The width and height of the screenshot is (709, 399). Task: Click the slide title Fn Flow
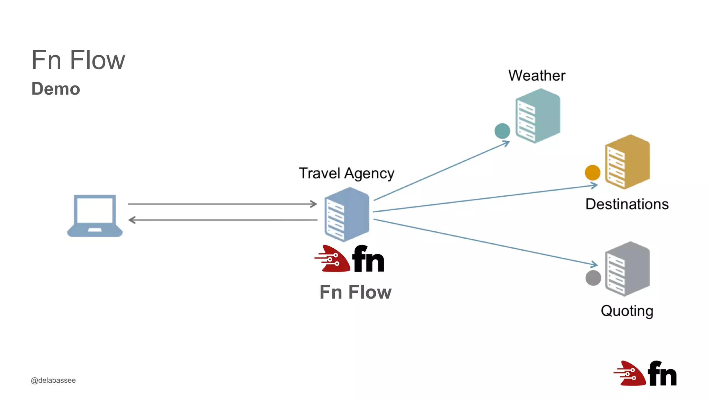tap(78, 60)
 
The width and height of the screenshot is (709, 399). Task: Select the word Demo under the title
tap(56, 89)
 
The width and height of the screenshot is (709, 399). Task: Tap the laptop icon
tap(95, 215)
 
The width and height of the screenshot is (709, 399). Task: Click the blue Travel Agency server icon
tap(347, 214)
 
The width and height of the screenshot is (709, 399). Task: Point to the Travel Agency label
tap(346, 173)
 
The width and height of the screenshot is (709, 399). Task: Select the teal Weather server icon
tap(538, 115)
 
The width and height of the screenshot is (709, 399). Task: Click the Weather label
tap(537, 76)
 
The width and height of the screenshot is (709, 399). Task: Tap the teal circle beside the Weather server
tap(502, 131)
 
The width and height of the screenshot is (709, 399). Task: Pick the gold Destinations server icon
tap(627, 162)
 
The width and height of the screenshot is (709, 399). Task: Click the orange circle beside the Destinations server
tap(592, 172)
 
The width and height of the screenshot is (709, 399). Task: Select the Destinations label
tap(627, 204)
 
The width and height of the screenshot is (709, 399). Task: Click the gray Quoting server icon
tap(627, 269)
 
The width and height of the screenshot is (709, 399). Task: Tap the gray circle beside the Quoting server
tap(593, 278)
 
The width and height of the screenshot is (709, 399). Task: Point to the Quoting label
tap(627, 311)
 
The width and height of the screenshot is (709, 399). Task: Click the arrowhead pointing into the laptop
tap(132, 220)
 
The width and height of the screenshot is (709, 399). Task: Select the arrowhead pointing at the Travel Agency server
tap(314, 204)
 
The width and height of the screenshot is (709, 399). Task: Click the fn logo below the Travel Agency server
tap(350, 259)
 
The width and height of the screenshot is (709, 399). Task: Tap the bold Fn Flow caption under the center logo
tap(355, 292)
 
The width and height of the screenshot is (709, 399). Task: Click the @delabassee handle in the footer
tap(53, 380)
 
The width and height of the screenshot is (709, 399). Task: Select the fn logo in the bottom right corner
tap(645, 373)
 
